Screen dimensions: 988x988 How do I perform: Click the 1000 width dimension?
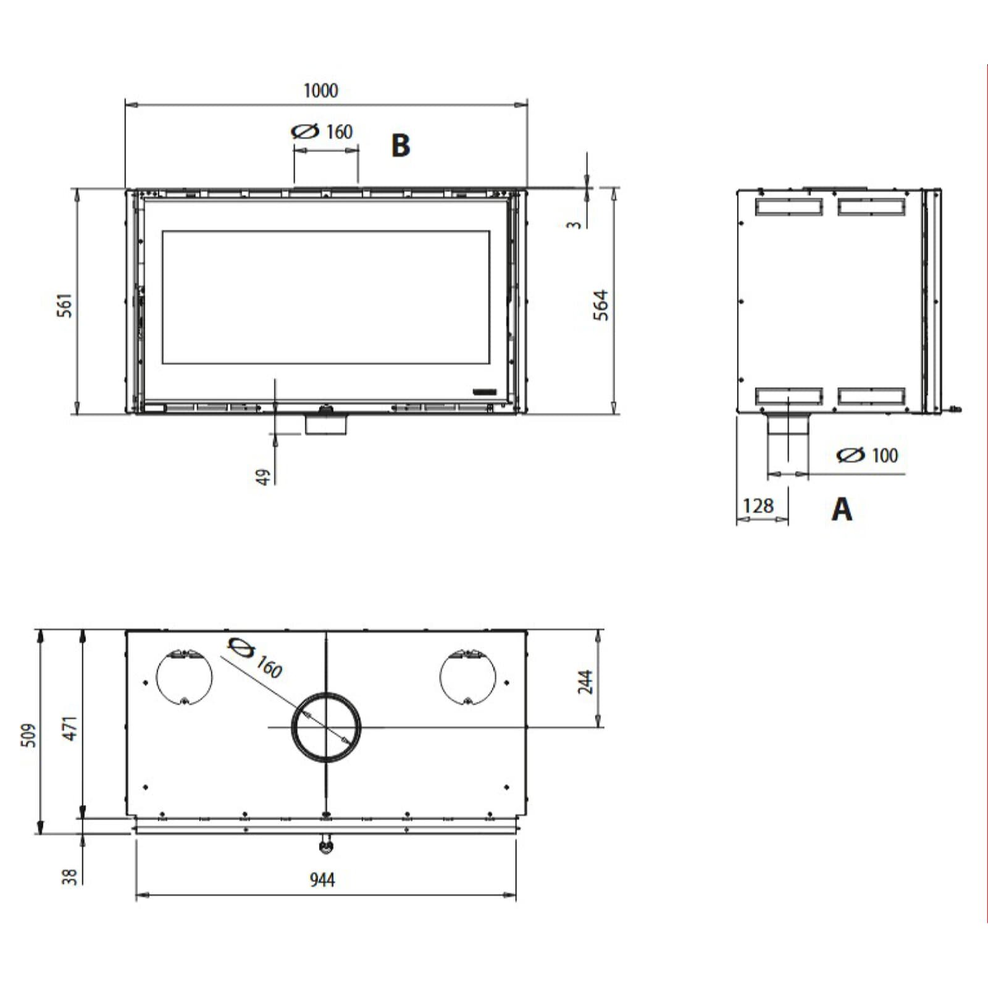[x=320, y=91]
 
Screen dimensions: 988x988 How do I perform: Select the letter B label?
[x=400, y=146]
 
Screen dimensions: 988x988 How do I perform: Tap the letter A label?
[x=842, y=510]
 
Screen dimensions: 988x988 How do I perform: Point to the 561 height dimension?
[x=65, y=305]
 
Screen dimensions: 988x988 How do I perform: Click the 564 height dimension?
[x=601, y=305]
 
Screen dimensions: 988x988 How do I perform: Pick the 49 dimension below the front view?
[x=264, y=477]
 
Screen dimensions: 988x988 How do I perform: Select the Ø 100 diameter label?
[x=868, y=456]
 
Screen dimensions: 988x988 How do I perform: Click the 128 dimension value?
[x=758, y=506]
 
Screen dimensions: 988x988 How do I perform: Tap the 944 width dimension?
[x=322, y=879]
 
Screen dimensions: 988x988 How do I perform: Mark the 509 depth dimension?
[x=29, y=735]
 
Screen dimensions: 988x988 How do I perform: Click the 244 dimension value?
[x=585, y=682]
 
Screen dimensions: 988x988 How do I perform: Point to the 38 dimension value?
[x=70, y=876]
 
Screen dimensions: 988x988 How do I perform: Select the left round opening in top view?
[x=184, y=677]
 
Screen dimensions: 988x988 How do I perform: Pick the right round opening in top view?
[x=467, y=677]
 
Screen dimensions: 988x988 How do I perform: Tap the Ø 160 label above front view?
[x=322, y=132]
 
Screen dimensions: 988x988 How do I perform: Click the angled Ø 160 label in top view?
[x=256, y=658]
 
